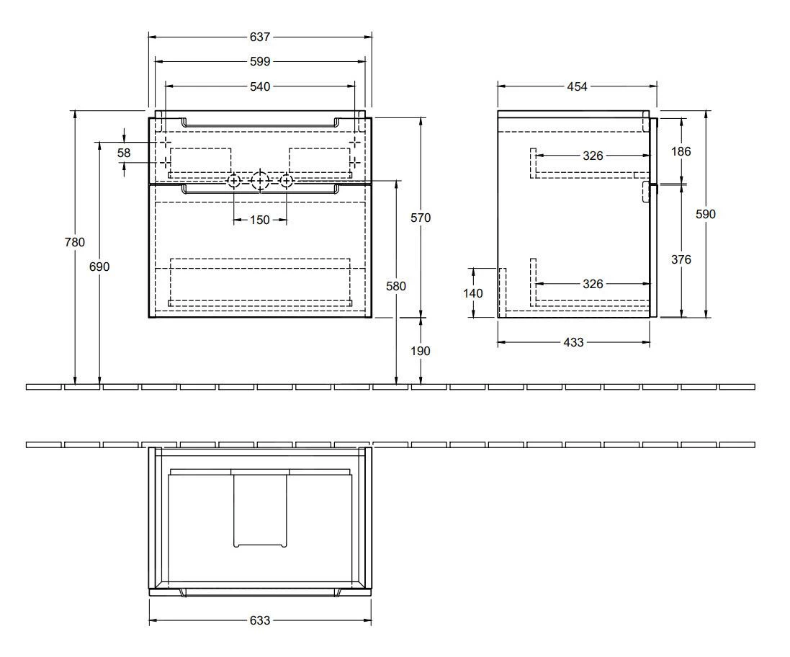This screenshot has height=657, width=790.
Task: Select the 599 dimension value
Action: pyautogui.click(x=260, y=61)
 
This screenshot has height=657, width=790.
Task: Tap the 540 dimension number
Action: pyautogui.click(x=260, y=86)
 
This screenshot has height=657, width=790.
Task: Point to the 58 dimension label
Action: pyautogui.click(x=124, y=153)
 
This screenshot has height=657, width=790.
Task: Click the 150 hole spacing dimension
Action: pyautogui.click(x=260, y=220)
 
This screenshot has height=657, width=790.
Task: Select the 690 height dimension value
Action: pyautogui.click(x=99, y=267)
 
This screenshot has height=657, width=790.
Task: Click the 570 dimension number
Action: pyautogui.click(x=421, y=218)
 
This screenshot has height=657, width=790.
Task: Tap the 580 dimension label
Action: pyautogui.click(x=396, y=286)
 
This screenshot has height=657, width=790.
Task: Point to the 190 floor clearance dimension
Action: pyautogui.click(x=421, y=351)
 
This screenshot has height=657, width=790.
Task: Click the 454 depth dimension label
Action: pyautogui.click(x=577, y=86)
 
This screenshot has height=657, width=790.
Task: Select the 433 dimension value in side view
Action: pyautogui.click(x=573, y=342)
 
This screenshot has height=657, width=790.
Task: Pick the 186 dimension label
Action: pyautogui.click(x=681, y=151)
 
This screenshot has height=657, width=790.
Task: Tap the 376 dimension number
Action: pyautogui.click(x=681, y=259)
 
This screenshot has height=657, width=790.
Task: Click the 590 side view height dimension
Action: pyautogui.click(x=706, y=214)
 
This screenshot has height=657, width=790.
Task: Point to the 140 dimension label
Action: pyautogui.click(x=473, y=293)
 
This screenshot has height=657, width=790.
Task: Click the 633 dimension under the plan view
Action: pyautogui.click(x=260, y=620)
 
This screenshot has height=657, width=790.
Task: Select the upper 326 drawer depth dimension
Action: pyautogui.click(x=593, y=156)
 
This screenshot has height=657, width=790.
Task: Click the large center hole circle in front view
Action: pyautogui.click(x=260, y=180)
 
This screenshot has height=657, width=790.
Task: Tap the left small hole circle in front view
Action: pyautogui.click(x=233, y=180)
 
